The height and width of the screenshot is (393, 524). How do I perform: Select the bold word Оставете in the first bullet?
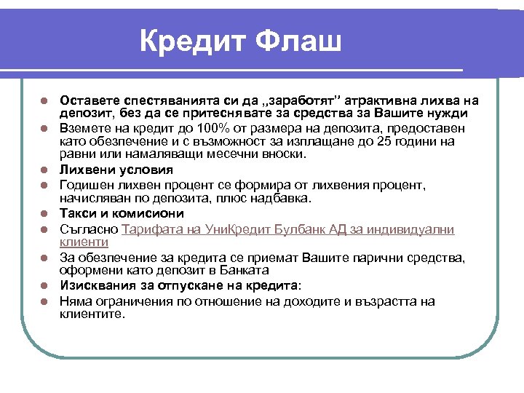91,100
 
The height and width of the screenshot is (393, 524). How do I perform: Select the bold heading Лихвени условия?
116,170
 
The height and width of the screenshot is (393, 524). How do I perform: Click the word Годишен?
87,186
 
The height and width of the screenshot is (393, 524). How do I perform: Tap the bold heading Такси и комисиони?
122,213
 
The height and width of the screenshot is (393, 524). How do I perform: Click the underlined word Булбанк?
290,229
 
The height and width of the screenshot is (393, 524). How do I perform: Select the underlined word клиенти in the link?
84,242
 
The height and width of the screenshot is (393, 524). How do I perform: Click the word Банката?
234,271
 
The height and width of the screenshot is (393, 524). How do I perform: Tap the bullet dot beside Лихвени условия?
44,171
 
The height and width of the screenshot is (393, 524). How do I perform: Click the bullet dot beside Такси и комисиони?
44,214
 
